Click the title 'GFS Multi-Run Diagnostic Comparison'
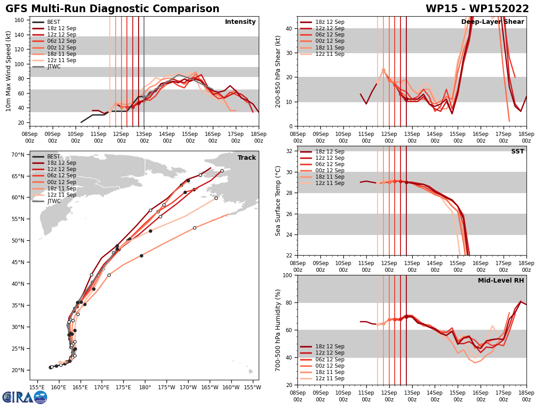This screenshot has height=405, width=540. pos(112,9)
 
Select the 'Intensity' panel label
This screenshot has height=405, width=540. pos(240,22)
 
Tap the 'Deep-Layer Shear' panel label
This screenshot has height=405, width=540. pos(492,22)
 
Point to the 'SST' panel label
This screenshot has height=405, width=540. pos(517,152)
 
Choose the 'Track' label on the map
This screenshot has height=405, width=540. pos(247,158)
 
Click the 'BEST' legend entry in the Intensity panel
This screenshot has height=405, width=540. pos(54,22)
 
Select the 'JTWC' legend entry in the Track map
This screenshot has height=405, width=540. pos(54,201)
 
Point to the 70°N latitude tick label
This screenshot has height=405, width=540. pos(18,155)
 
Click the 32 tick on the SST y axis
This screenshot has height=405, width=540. pos(288,151)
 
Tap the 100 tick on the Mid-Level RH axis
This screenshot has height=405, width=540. pos(286,275)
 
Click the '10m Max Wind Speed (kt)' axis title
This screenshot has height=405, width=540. pos(8,71)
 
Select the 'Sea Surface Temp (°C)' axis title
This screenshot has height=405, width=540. pos(278,201)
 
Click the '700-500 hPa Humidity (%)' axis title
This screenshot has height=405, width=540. pos(278,330)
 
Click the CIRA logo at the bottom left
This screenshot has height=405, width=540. pos(25,397)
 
